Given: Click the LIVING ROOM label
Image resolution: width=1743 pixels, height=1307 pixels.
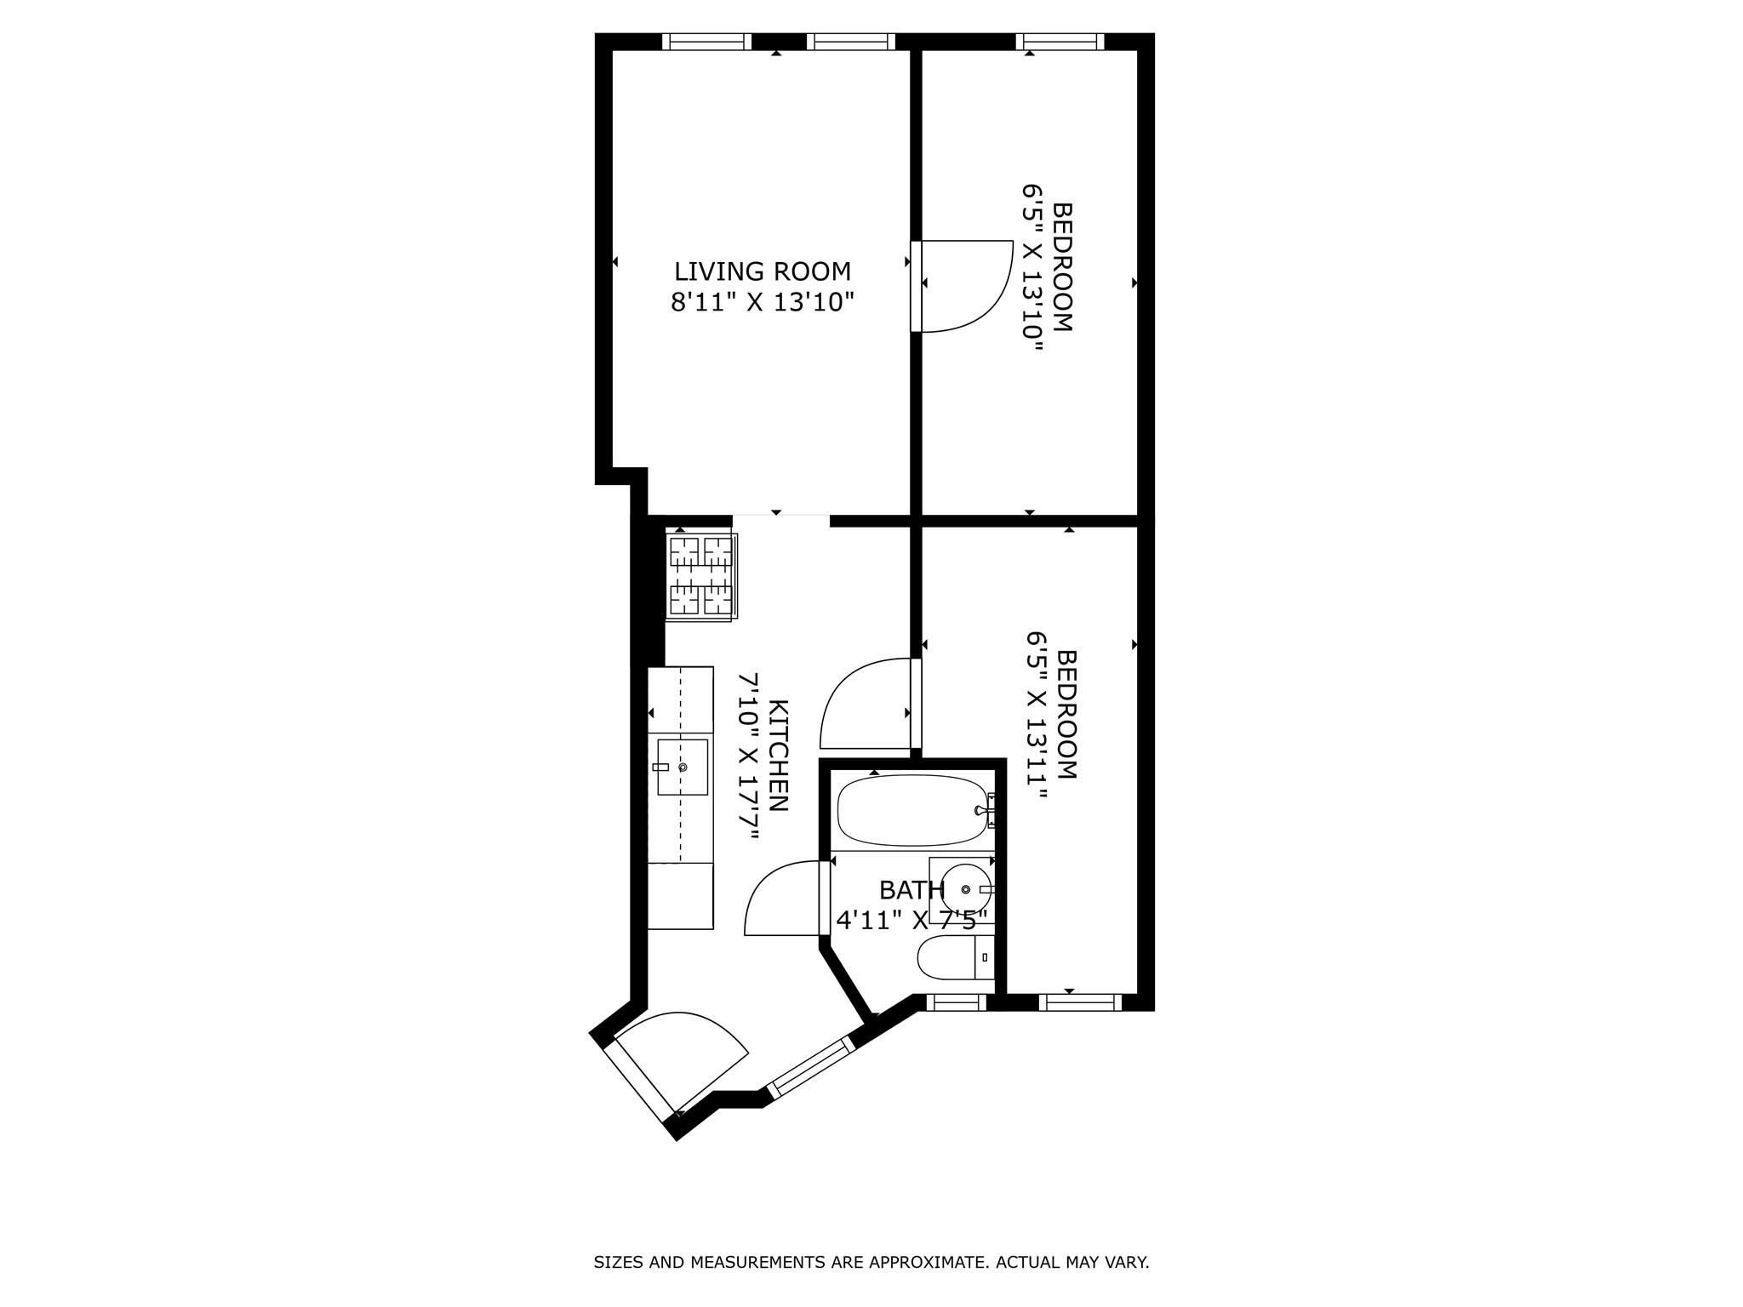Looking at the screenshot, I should click(x=762, y=271).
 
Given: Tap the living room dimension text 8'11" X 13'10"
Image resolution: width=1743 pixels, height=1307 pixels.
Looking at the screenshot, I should click(x=762, y=302).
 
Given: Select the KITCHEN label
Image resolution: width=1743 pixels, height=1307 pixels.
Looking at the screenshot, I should click(x=779, y=756).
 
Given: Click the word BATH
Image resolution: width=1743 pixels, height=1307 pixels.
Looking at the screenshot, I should click(x=912, y=890).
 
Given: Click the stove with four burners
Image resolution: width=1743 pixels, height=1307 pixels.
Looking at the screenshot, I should click(x=701, y=576).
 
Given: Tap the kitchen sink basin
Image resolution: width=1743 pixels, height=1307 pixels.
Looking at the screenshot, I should click(x=683, y=767).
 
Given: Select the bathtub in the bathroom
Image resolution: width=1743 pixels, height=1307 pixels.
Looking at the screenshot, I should click(x=912, y=809).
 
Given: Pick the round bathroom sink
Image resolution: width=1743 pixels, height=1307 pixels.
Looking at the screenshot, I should click(x=966, y=889).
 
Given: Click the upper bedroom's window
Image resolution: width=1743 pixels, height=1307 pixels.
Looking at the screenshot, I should click(x=1060, y=42).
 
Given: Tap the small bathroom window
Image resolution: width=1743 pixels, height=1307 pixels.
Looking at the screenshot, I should click(x=956, y=1002).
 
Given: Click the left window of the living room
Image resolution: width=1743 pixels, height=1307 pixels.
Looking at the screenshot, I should click(x=706, y=42).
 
